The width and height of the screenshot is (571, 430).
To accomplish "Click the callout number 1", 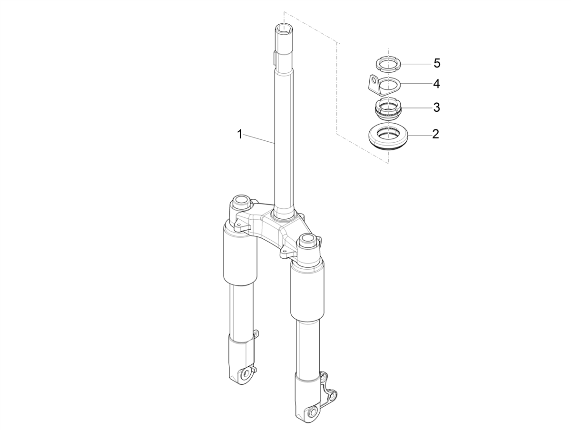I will (x=240, y=135).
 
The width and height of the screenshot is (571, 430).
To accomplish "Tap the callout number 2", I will (x=435, y=134).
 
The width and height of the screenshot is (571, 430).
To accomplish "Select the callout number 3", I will (x=436, y=107).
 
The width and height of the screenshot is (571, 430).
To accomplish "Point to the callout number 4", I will (x=436, y=84).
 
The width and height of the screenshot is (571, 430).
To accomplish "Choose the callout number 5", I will (x=436, y=63).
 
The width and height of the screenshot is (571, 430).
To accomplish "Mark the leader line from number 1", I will (x=259, y=139).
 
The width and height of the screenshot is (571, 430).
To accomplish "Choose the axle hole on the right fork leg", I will (x=313, y=412).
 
